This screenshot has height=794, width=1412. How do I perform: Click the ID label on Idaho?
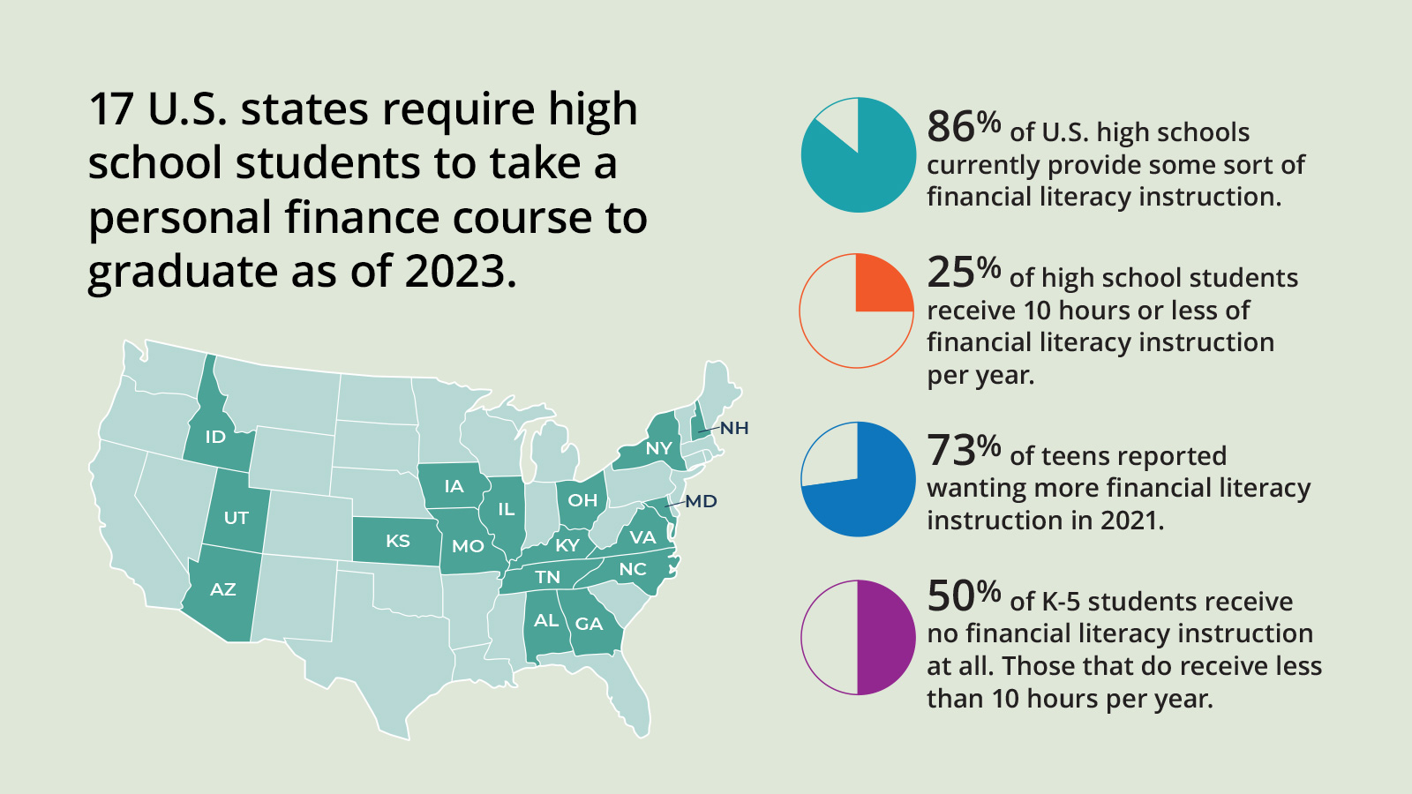tap(215, 437)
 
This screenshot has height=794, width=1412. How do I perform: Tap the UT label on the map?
tap(236, 518)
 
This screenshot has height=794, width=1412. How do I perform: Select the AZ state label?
tap(222, 589)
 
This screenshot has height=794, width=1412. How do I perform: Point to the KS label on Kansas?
tap(398, 541)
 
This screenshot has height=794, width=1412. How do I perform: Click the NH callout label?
tap(734, 429)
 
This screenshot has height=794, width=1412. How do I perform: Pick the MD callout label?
tap(702, 501)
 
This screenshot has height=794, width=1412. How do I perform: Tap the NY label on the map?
tap(659, 448)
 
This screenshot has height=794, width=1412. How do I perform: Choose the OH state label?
tap(582, 500)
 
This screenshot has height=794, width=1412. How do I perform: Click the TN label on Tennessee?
tap(548, 577)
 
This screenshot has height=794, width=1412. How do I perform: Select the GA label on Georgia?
tap(589, 624)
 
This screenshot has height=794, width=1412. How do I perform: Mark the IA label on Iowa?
tap(454, 486)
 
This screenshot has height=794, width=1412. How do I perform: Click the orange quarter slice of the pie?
tap(882, 284)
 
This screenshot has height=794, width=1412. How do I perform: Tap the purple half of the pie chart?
tap(885, 637)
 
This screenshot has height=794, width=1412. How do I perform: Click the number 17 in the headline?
tap(111, 109)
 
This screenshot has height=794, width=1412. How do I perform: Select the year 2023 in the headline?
tap(460, 271)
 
